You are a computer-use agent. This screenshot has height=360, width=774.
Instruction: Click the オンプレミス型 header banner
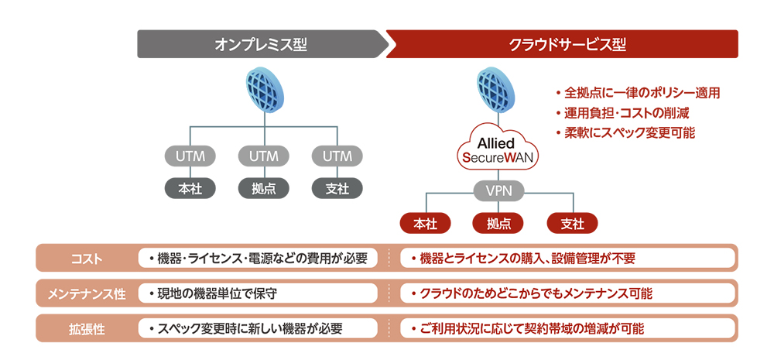261,44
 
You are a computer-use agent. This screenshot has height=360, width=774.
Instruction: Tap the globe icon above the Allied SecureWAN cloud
498,89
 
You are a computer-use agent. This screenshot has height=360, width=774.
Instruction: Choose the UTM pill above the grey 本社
190,156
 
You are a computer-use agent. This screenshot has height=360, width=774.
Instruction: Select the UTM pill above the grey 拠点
264,156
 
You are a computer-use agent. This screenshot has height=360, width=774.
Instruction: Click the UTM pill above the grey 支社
337,156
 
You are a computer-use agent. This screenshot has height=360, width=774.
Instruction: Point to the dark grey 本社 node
190,187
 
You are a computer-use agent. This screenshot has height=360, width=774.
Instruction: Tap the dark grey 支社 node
337,187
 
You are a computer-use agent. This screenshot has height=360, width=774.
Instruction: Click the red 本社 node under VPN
425,224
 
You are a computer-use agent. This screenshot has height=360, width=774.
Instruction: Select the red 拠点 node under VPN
498,224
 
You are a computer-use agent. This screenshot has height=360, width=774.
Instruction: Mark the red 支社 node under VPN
571,224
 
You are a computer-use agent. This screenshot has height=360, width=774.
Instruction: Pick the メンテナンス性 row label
87,293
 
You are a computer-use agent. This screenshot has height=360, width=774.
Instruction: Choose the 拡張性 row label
87,328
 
